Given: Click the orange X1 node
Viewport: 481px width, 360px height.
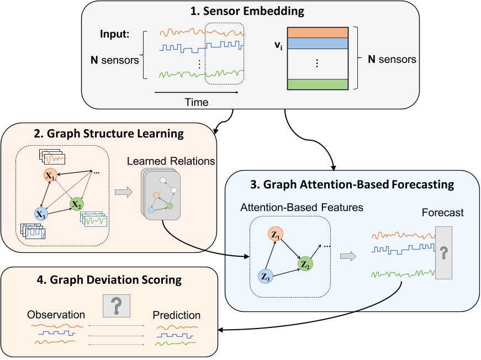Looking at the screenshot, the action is [50, 175].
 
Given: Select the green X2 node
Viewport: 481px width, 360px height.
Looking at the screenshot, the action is [76, 204].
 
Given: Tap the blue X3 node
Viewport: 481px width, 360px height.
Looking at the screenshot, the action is [41, 214].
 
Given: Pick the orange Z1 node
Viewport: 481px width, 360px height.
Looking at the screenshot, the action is [276, 235].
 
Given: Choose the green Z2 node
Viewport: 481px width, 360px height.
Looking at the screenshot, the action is [305, 264].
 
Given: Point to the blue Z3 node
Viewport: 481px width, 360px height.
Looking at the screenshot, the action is [265, 276].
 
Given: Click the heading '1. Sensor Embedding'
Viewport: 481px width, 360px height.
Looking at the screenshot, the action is [247, 11].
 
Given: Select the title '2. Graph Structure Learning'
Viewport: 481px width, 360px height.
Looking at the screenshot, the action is [109, 134].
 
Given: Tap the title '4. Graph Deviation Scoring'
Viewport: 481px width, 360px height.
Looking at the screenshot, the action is [109, 280].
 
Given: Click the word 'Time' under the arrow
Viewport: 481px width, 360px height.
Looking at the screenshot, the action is [197, 102].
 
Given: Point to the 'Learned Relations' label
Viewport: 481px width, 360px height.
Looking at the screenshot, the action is [171, 161].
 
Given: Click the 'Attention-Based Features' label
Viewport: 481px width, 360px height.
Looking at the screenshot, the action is [302, 207].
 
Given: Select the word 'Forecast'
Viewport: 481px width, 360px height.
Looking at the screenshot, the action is [443, 213].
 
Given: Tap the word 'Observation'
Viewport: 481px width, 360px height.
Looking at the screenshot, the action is [56, 315].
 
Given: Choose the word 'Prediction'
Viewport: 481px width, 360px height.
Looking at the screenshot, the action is [176, 315].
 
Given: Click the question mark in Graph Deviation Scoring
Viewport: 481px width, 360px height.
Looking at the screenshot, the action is [117, 306].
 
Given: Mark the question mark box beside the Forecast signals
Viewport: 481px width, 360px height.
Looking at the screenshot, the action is [443, 253].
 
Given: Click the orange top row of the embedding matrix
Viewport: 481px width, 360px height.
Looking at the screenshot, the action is [318, 33].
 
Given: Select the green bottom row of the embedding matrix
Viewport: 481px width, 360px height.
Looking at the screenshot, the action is [318, 84].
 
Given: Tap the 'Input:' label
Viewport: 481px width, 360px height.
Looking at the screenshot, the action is [115, 34].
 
